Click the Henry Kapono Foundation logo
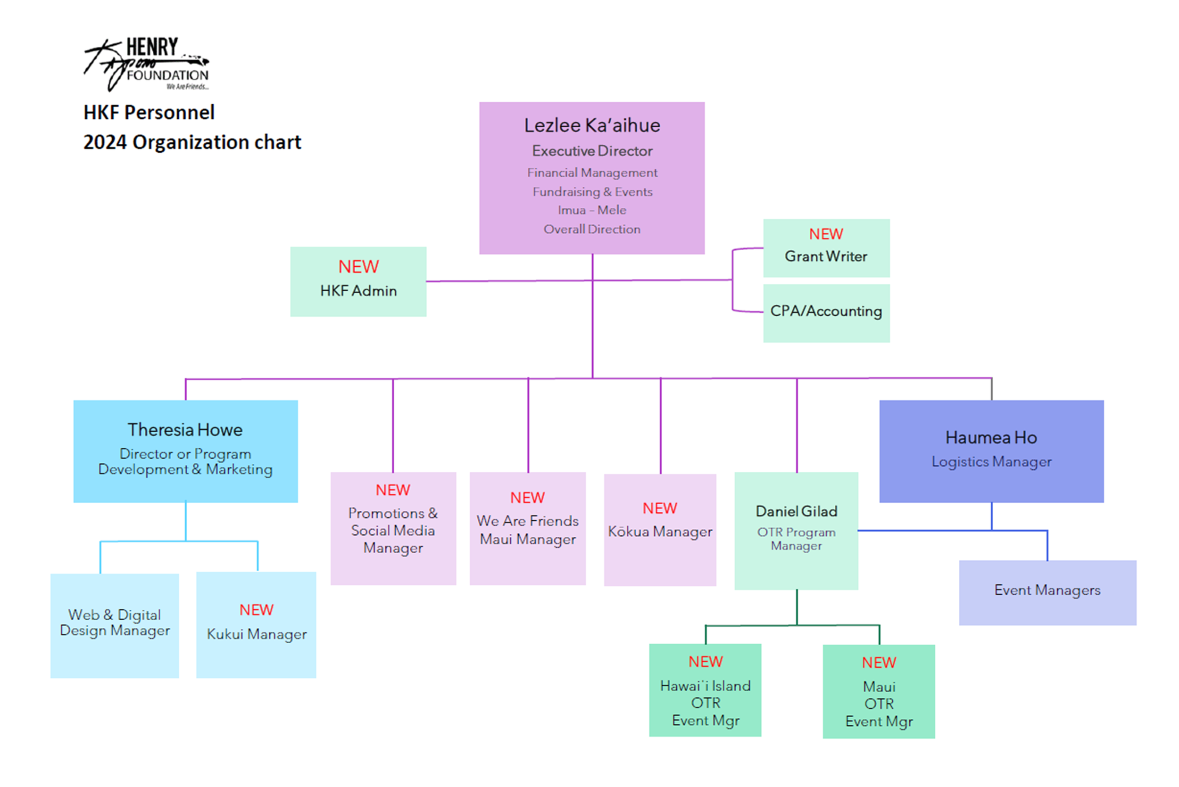point(146,64)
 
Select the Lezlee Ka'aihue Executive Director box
point(591,178)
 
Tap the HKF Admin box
point(358,281)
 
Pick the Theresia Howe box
point(185,451)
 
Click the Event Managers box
point(1047,592)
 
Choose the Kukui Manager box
point(256,625)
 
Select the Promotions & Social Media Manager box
point(393,528)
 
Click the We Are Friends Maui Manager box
point(527,528)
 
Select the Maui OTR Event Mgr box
point(878,691)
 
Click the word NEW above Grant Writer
point(825,234)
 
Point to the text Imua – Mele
point(591,210)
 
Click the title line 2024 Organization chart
point(192,142)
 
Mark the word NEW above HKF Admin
point(358,267)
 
